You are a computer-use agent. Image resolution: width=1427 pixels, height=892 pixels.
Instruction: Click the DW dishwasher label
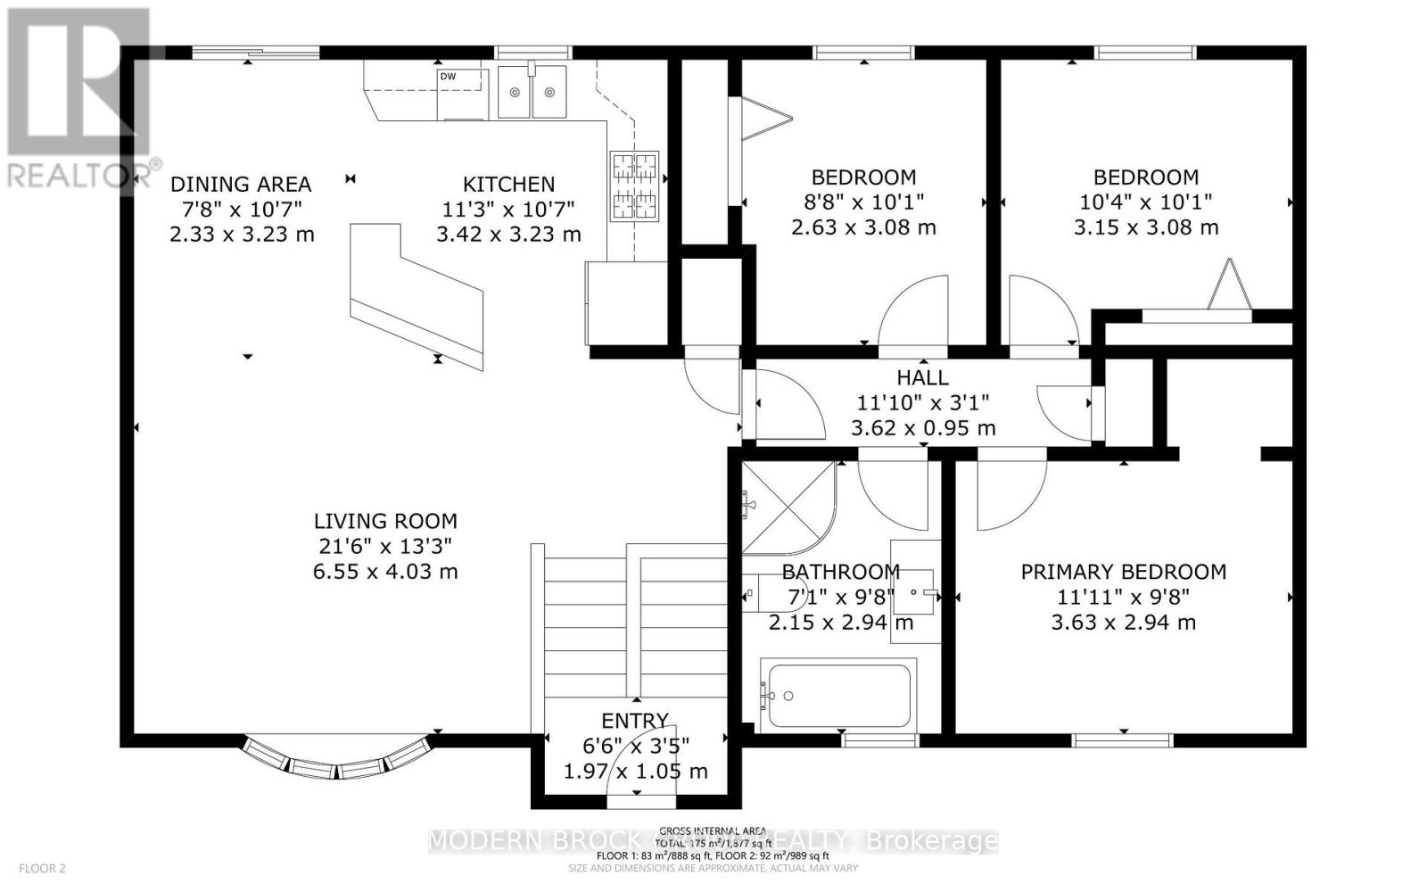[448, 77]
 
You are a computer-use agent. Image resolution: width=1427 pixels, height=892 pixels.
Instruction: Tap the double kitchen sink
[532, 92]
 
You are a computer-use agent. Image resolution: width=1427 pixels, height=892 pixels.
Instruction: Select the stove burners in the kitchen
[633, 186]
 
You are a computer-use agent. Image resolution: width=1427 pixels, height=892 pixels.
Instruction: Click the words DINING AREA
[241, 185]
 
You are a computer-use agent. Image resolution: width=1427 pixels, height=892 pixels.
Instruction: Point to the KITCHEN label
[508, 185]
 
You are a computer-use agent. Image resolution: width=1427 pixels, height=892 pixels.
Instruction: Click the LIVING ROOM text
[385, 521]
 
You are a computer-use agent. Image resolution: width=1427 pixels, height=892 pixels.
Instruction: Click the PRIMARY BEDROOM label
[1123, 572]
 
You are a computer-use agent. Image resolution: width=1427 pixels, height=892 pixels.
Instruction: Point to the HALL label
[922, 378]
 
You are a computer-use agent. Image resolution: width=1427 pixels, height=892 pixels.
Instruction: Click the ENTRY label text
[634, 721]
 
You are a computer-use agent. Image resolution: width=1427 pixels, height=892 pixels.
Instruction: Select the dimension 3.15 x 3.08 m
[1145, 227]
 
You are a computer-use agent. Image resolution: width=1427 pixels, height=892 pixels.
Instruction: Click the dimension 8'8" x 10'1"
[862, 202]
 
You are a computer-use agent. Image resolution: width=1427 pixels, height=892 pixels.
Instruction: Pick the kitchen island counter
[416, 294]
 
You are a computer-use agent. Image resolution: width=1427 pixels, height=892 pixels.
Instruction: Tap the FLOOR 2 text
[42, 868]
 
